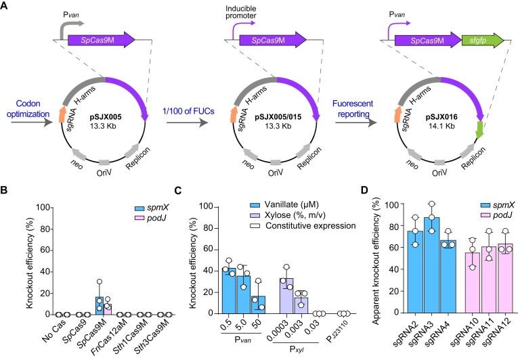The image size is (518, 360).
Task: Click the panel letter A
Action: (6, 6)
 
